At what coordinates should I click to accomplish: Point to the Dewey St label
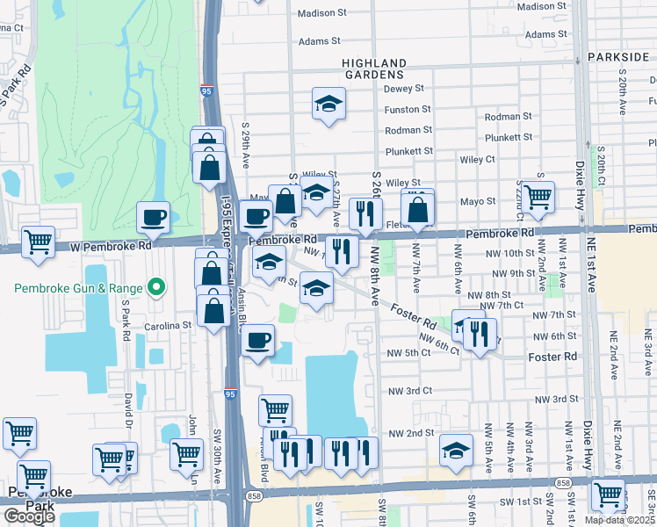[404, 89]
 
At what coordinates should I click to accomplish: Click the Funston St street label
[408, 110]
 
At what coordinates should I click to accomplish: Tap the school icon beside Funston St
[328, 105]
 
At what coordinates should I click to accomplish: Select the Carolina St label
[170, 325]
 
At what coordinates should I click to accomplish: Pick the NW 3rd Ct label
[410, 389]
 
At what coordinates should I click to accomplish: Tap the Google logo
[29, 516]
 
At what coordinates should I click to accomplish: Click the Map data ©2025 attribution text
[620, 520]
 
